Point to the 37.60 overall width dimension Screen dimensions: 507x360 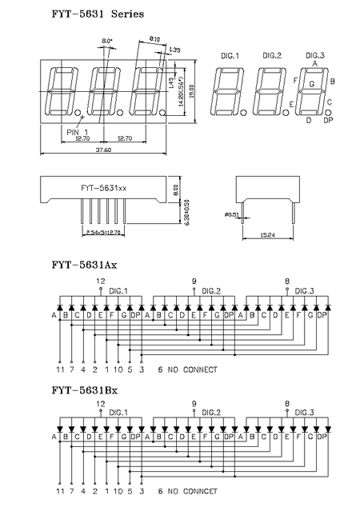pyautogui.click(x=103, y=150)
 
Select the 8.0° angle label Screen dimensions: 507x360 pyautogui.click(x=107, y=41)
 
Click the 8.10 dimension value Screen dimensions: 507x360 pyautogui.click(x=154, y=38)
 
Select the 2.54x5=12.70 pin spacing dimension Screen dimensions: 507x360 pyautogui.click(x=102, y=233)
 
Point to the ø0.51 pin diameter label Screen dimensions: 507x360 pyautogui.click(x=232, y=214)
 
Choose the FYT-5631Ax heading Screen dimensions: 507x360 pyautogui.click(x=84, y=263)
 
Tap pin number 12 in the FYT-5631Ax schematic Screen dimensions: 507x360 pyautogui.click(x=100, y=281)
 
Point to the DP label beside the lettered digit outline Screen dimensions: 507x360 pyautogui.click(x=327, y=120)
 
